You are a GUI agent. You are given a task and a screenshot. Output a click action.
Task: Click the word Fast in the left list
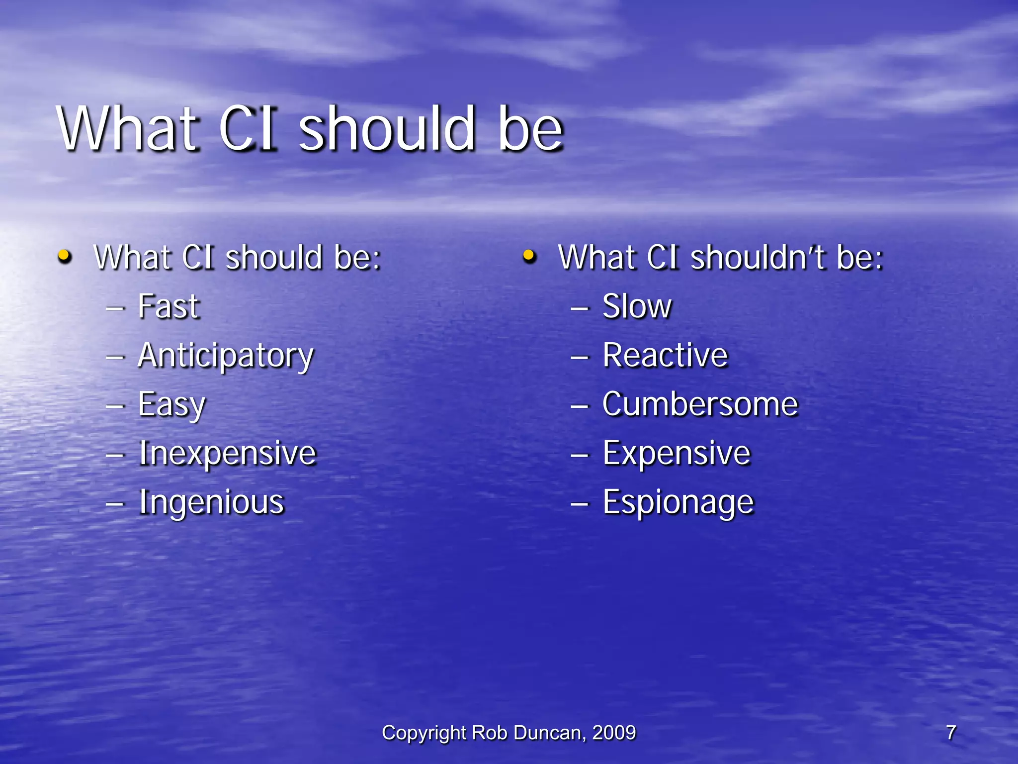coord(169,306)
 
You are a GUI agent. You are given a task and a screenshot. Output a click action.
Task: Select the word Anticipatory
coord(226,356)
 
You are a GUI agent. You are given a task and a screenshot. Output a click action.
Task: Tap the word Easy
coord(171,405)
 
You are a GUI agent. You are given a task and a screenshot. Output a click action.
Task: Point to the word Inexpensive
coord(227,453)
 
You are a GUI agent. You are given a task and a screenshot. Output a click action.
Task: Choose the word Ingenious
coord(211,502)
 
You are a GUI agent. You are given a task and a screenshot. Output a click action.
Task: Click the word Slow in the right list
coord(637,306)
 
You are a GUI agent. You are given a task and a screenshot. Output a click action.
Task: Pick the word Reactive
coord(665,356)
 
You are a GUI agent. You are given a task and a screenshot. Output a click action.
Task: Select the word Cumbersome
coord(700,404)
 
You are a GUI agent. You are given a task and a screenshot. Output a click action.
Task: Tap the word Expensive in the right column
coord(677,453)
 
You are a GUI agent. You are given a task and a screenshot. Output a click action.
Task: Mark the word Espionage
coord(678,502)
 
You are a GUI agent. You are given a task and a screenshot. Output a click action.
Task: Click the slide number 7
coord(950,733)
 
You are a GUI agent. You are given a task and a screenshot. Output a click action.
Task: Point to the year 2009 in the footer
coord(614,733)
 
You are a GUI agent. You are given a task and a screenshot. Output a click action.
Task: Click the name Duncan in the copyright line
coord(549,733)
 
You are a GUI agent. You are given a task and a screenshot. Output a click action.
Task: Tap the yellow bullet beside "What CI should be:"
coord(65,257)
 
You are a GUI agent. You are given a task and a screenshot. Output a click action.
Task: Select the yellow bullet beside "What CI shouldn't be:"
coord(529,257)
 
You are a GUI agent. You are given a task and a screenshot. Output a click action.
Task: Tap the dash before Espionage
coord(580,504)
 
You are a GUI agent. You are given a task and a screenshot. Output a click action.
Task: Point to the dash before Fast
coord(115,308)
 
